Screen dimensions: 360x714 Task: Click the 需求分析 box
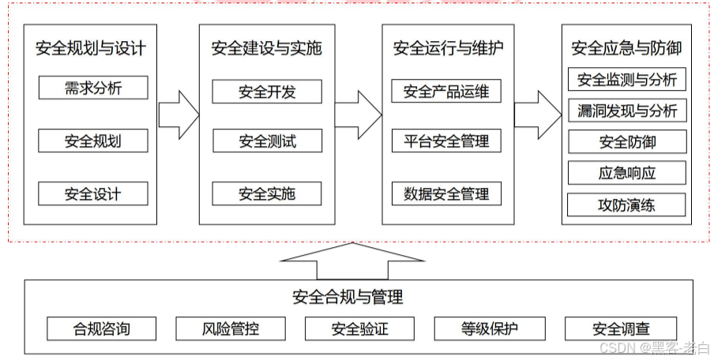point(93,88)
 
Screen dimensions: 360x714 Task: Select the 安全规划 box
point(93,141)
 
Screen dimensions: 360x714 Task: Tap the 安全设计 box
point(93,193)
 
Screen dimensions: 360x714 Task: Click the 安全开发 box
point(267,92)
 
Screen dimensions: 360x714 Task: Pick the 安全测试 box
point(267,141)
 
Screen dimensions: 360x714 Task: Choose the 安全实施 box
point(267,193)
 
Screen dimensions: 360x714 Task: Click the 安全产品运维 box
point(446,92)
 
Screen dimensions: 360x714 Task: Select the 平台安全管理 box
point(446,141)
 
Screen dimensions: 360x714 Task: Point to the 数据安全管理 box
point(446,193)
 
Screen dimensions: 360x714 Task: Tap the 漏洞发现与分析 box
point(627,111)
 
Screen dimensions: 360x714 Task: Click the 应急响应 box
point(627,173)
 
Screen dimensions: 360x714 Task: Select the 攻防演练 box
point(627,205)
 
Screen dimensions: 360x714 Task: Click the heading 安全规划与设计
point(91,48)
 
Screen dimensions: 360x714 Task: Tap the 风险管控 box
point(229,328)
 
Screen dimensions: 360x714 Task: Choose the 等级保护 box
point(490,328)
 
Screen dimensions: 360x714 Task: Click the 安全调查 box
point(621,328)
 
